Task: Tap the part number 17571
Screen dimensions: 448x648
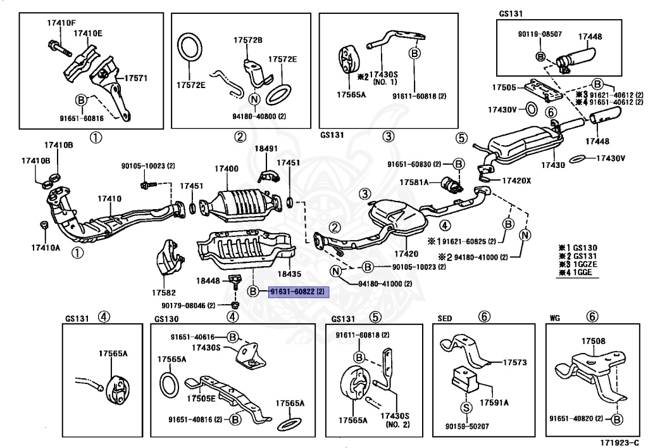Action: coord(135,79)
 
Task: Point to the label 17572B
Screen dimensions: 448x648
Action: coord(247,40)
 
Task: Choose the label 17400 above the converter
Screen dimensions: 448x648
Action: coord(226,169)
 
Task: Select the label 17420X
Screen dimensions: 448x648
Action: coord(517,181)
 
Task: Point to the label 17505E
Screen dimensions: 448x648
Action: coord(201,399)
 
